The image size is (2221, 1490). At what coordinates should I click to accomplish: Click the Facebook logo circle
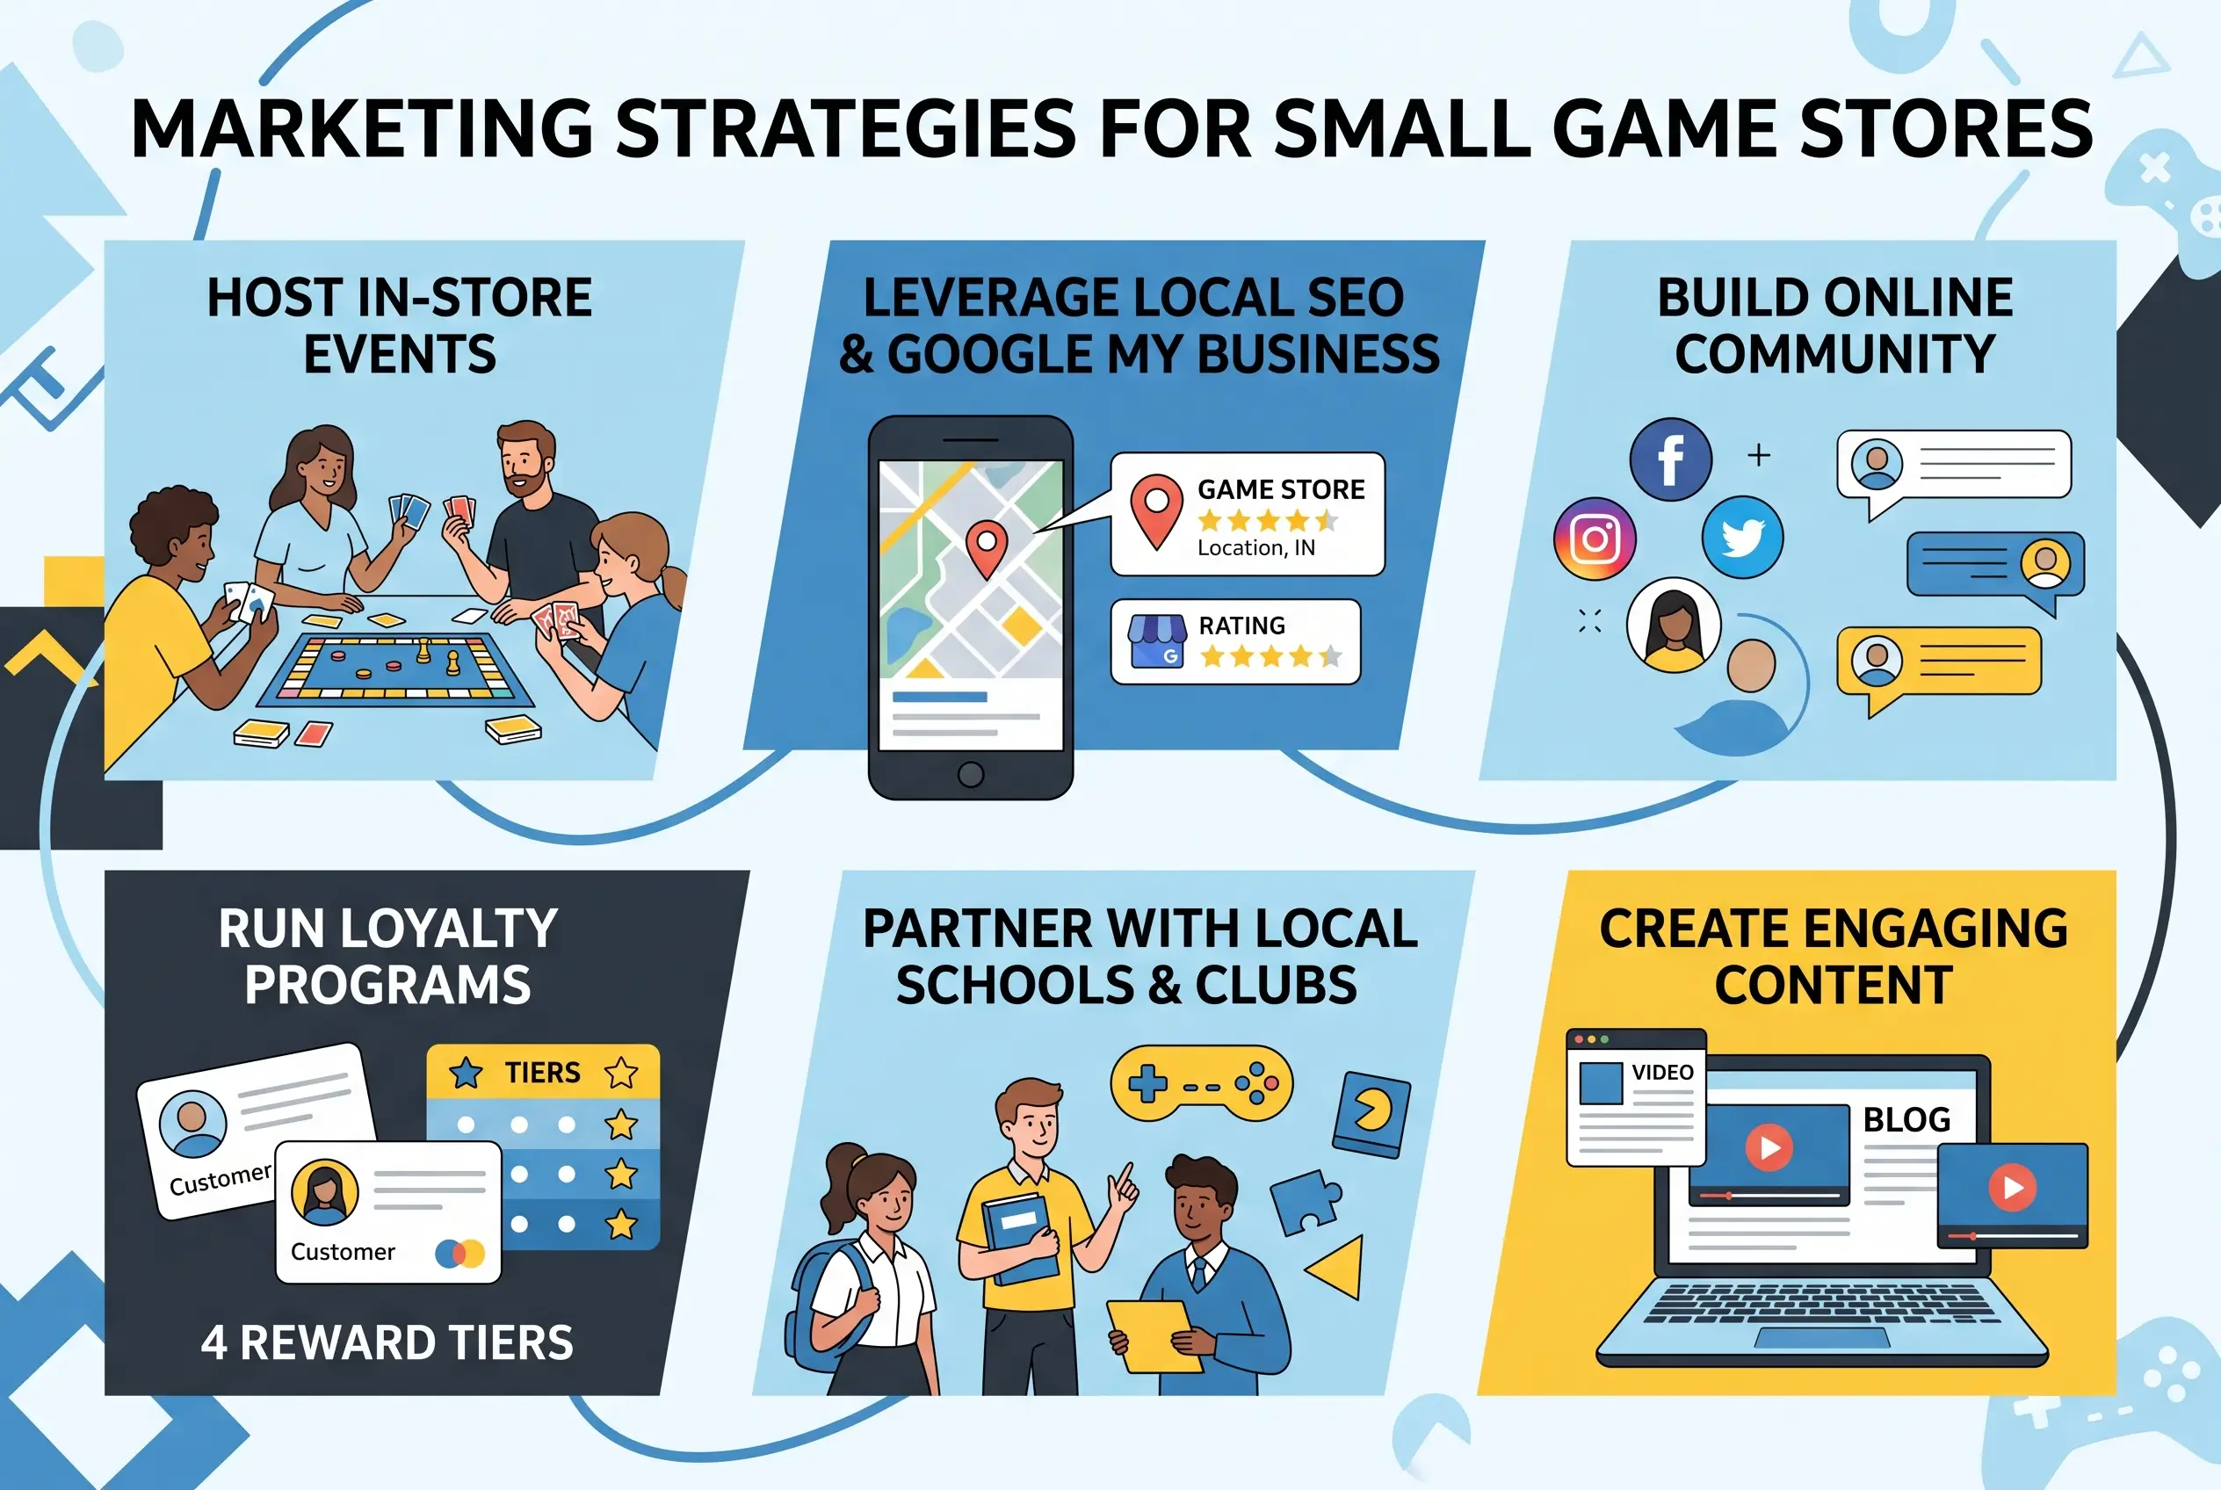point(1671,459)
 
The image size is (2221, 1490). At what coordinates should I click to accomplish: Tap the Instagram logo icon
point(1595,539)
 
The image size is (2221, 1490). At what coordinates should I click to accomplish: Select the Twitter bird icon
point(1742,537)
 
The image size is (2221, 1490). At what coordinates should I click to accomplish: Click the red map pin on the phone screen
point(987,548)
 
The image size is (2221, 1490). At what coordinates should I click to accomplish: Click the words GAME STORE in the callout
point(1280,489)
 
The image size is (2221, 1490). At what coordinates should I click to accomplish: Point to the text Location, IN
point(1255,548)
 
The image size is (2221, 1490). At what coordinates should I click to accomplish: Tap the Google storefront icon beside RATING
point(1156,641)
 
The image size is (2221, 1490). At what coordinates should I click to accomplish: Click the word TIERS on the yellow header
point(542,1073)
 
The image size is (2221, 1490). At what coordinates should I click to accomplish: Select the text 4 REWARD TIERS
point(387,1342)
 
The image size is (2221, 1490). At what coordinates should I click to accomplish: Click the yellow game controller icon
point(1201,1084)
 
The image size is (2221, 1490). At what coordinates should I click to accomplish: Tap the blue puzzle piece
point(1305,1200)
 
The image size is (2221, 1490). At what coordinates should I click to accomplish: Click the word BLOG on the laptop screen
point(1906,1119)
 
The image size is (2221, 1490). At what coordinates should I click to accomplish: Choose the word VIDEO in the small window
point(1662,1072)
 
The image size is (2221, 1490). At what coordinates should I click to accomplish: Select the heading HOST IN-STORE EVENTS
point(400,325)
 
